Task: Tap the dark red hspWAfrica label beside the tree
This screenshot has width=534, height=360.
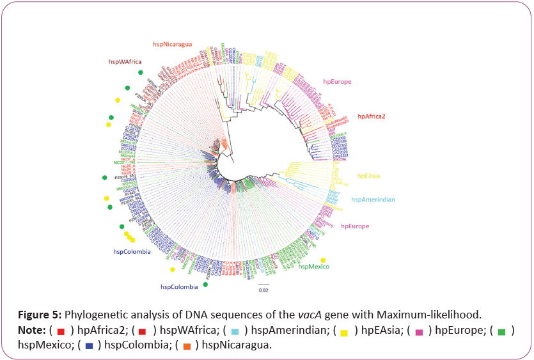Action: click(123, 61)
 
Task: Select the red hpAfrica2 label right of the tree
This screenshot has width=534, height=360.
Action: click(375, 116)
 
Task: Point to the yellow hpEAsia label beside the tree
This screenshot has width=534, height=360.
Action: click(370, 175)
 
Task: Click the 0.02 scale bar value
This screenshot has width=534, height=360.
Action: click(263, 290)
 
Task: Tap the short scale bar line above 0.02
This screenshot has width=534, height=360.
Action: click(263, 283)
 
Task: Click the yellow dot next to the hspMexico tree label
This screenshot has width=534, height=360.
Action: click(323, 260)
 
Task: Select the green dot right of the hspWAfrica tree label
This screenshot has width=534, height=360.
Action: click(140, 72)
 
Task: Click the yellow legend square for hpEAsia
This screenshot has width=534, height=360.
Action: click(344, 332)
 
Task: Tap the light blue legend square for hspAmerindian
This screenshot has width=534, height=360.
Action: click(235, 332)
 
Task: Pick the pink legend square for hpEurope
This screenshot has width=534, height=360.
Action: click(420, 332)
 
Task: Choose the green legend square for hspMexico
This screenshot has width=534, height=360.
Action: click(502, 332)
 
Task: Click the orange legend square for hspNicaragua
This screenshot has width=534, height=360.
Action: click(187, 346)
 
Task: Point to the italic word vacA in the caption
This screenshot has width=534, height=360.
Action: click(310, 315)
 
